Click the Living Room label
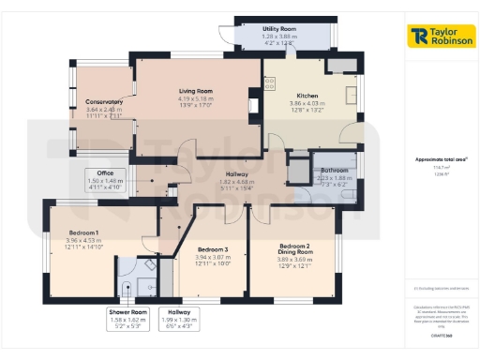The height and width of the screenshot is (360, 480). pyautogui.click(x=198, y=91)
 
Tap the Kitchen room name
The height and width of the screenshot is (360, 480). pyautogui.click(x=309, y=97)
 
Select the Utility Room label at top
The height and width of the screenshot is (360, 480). pyautogui.click(x=278, y=30)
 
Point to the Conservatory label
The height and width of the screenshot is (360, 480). pyautogui.click(x=104, y=101)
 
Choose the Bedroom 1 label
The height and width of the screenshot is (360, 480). pyautogui.click(x=83, y=232)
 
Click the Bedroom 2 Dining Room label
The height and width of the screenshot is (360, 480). pyautogui.click(x=293, y=250)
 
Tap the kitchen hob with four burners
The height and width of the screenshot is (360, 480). pyautogui.click(x=269, y=83)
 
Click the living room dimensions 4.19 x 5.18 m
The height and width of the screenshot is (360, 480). pyautogui.click(x=198, y=98)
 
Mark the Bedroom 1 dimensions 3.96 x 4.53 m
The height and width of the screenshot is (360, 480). pyautogui.click(x=83, y=240)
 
